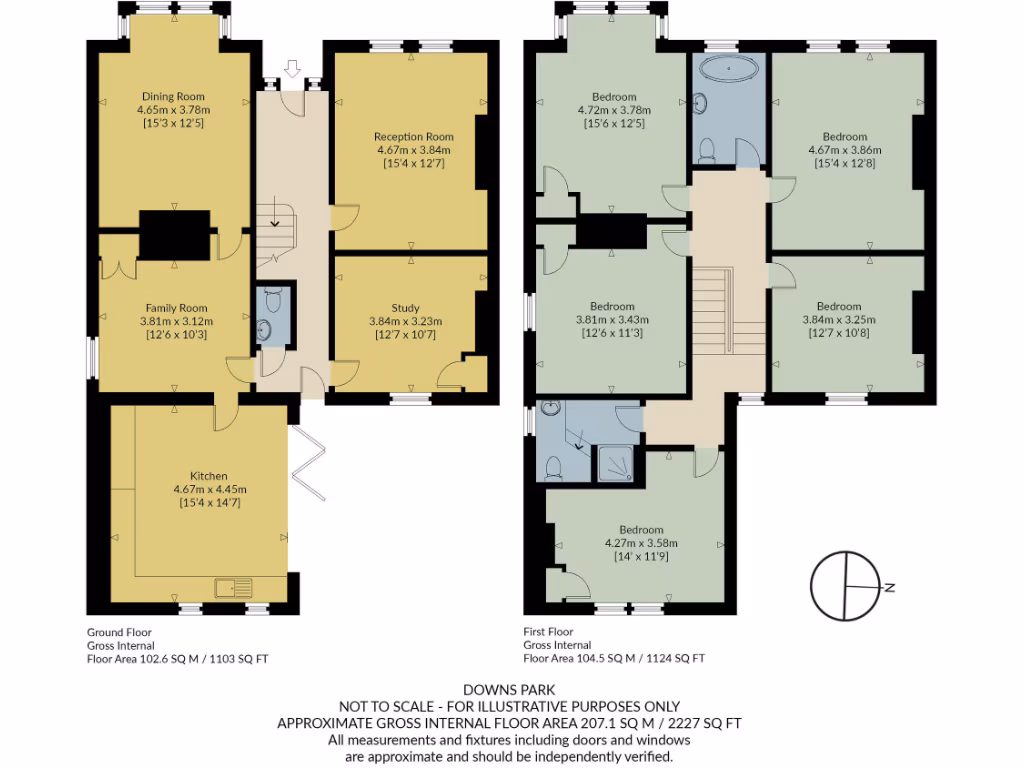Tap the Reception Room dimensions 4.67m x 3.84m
414,150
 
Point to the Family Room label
176,308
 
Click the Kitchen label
209,475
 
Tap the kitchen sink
233,587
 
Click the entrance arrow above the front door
292,69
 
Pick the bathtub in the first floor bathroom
728,71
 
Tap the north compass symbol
847,586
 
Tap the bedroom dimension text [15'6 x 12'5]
614,124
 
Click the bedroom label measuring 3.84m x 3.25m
838,306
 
